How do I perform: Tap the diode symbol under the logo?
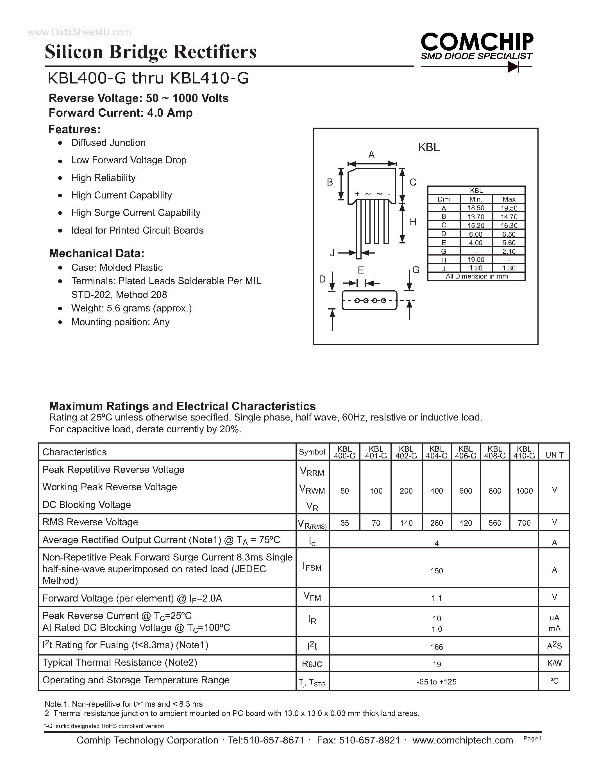(x=512, y=67)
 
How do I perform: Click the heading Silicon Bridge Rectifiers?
(x=150, y=52)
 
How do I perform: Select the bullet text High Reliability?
(x=103, y=178)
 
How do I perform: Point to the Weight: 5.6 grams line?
(x=131, y=308)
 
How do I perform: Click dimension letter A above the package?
(x=371, y=155)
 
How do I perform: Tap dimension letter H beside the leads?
(x=413, y=222)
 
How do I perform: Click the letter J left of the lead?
(x=332, y=253)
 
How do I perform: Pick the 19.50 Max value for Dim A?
(x=509, y=208)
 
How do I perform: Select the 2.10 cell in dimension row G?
(x=509, y=251)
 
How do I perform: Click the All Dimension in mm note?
(x=476, y=276)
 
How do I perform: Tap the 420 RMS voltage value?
(x=466, y=523)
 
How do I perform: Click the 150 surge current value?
(x=436, y=571)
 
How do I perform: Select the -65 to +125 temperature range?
(x=436, y=682)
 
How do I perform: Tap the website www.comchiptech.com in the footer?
(x=463, y=740)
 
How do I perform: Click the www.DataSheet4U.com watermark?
(x=79, y=33)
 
